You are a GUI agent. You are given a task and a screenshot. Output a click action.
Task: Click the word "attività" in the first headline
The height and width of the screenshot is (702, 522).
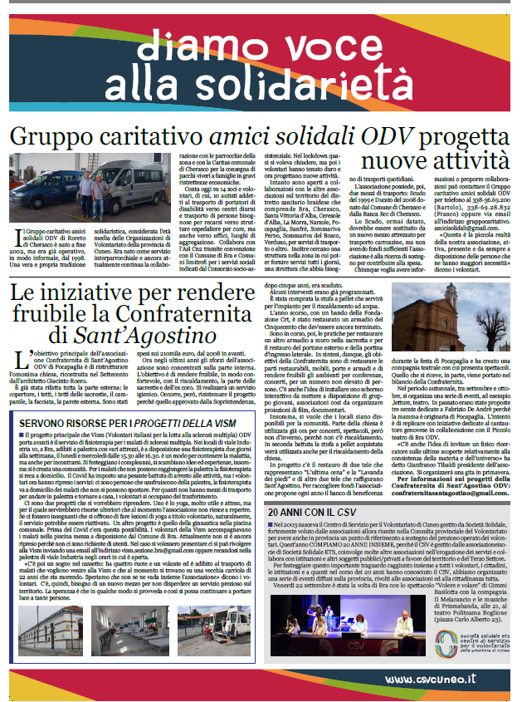[x=464, y=161]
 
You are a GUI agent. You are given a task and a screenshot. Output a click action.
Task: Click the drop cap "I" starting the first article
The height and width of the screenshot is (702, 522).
[x=18, y=241]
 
